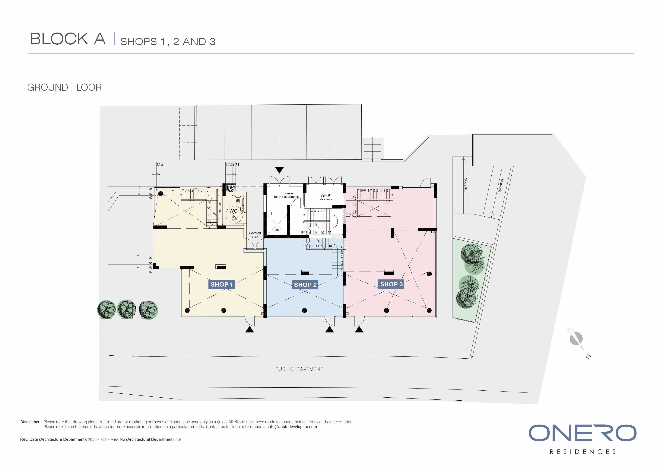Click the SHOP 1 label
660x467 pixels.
(x=222, y=284)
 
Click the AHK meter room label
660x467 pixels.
(x=326, y=196)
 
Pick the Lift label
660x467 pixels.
(x=277, y=230)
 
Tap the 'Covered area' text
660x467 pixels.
(x=255, y=235)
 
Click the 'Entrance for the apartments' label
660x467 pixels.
(x=287, y=195)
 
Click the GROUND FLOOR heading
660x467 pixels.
(x=64, y=87)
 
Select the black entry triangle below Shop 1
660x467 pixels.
(x=249, y=329)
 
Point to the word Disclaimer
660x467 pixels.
(x=30, y=422)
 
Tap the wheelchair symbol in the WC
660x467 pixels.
(x=233, y=217)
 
